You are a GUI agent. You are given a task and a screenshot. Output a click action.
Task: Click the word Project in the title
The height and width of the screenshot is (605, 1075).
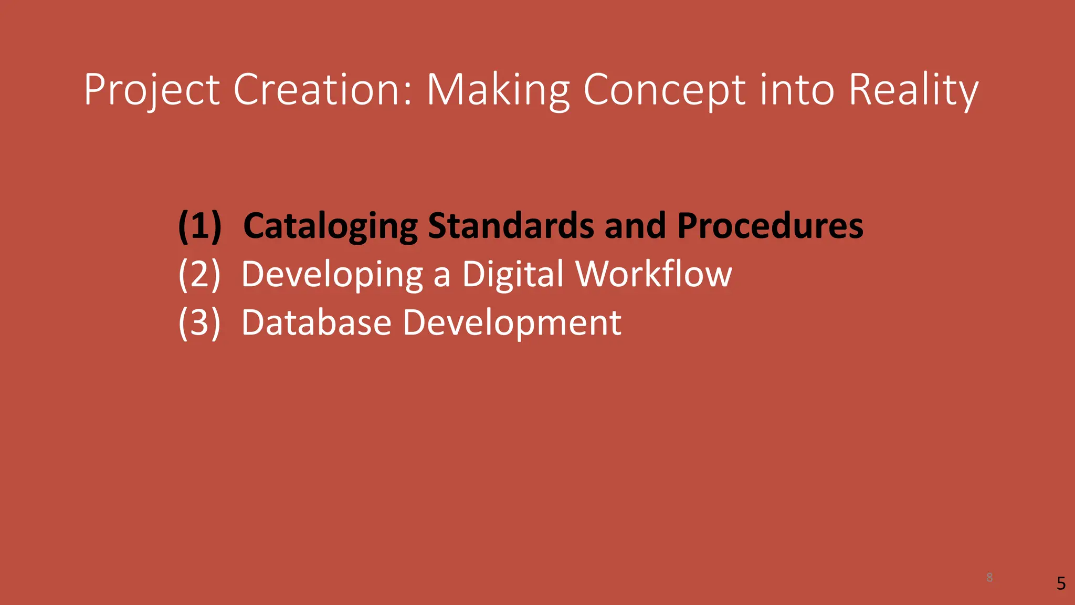[x=152, y=90]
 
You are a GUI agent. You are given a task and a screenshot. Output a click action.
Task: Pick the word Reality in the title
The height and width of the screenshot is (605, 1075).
[x=913, y=90]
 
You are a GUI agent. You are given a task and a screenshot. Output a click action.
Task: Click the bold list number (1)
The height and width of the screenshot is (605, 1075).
[x=199, y=226]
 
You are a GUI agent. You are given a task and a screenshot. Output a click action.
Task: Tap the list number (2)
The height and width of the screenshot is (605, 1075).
[x=199, y=274]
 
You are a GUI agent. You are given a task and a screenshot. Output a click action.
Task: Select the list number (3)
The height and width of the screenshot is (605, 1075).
[x=199, y=322]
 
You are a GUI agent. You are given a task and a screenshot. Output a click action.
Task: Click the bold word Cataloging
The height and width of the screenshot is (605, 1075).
[x=330, y=226]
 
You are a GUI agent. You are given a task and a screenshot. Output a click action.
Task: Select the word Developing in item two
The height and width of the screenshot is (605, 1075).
[x=332, y=274]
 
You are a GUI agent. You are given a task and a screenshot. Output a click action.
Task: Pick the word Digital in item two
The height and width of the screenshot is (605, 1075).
[x=513, y=274]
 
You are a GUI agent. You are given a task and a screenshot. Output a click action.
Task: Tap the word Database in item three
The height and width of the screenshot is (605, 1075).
[x=317, y=322]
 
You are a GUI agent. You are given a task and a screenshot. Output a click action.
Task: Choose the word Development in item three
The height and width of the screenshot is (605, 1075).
[x=512, y=322]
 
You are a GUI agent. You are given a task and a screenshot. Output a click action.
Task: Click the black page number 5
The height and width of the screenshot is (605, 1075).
[x=1061, y=583]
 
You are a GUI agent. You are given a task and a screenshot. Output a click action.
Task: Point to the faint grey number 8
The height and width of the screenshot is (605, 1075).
[x=989, y=578]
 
